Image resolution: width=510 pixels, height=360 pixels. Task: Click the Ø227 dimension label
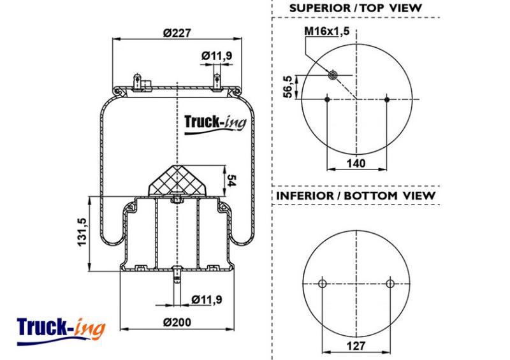pos(177,33)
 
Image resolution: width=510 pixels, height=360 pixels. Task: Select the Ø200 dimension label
pos(177,322)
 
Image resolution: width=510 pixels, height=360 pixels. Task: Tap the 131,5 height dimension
pos(82,232)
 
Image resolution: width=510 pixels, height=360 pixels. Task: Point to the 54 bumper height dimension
pos(231,180)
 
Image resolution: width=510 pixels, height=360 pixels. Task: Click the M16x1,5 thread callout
pos(326,31)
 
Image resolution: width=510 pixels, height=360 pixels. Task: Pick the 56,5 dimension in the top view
pos(288,87)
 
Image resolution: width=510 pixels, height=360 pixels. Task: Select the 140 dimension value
pos(356,163)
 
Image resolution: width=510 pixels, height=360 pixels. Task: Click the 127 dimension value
pos(356,346)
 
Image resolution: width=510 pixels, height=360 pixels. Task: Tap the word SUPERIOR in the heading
pos(321,8)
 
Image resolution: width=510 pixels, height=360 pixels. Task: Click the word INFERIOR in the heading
pos(305,196)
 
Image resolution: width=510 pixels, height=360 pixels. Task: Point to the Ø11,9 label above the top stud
pos(217,55)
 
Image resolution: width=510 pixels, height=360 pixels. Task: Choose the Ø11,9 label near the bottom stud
pos(207,299)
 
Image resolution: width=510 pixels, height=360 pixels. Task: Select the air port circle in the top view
pos(332,75)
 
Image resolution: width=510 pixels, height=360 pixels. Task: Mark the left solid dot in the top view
pos(327,99)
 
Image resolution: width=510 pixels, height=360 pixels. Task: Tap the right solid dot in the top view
pos(387,99)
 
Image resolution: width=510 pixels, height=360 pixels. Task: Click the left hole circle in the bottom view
pos(323,284)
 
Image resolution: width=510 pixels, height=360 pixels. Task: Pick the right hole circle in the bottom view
pos(390,284)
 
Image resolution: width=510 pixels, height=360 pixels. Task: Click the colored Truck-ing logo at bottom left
pos(61,331)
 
